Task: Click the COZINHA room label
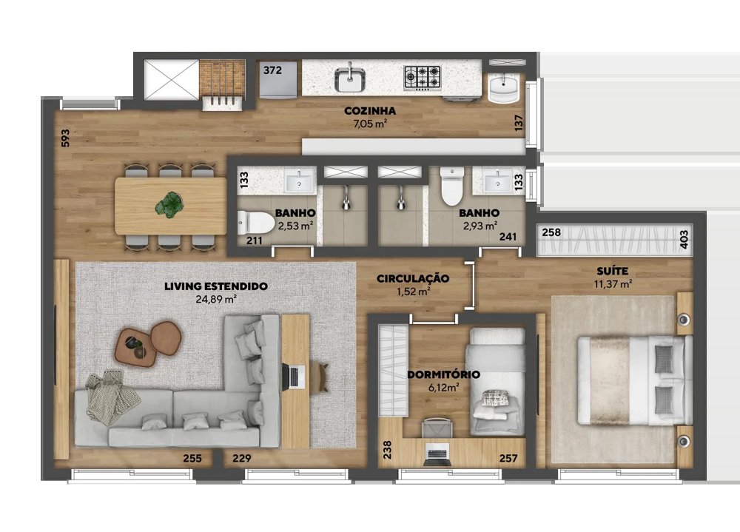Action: coord(369,112)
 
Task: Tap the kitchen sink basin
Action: coord(350,79)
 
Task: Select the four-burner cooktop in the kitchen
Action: coord(423,77)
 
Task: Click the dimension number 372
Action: coord(272,70)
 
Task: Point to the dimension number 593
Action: coord(66,138)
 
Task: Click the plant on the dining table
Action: coord(169,206)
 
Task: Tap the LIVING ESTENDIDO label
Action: coord(215,286)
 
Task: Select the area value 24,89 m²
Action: coord(215,299)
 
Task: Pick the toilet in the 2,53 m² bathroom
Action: coord(255,222)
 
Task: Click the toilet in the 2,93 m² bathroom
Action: coord(452,187)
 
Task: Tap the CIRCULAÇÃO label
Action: coord(412,278)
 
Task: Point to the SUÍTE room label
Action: coord(612,271)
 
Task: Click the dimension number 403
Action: coord(684,239)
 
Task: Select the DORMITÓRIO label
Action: coord(443,374)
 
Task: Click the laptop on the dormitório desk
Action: coord(437,454)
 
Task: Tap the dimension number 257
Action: coord(508,458)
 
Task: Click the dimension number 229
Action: coord(242,458)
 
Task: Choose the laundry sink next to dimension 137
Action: coord(503,88)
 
